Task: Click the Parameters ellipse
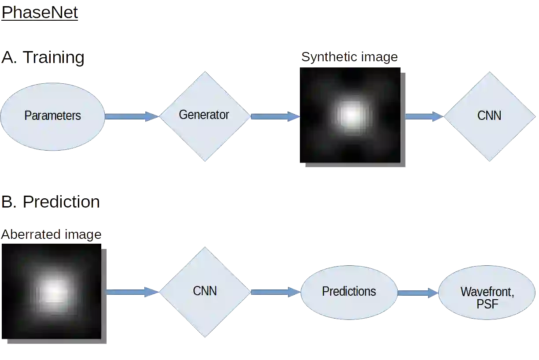pos(53,116)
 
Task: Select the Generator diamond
pos(204,115)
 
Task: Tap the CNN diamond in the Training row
pos(489,116)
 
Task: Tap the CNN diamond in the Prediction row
pos(205,292)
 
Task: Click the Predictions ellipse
pos(349,292)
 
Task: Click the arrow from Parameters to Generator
pos(132,116)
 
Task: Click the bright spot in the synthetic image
pos(351,115)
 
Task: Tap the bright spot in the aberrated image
pos(54,291)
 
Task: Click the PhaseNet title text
pos(40,13)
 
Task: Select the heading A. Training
pos(42,58)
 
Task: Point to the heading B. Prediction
pos(50,202)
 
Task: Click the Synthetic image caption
pos(350,57)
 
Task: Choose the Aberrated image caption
pos(51,234)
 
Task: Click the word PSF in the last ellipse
pos(487,304)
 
